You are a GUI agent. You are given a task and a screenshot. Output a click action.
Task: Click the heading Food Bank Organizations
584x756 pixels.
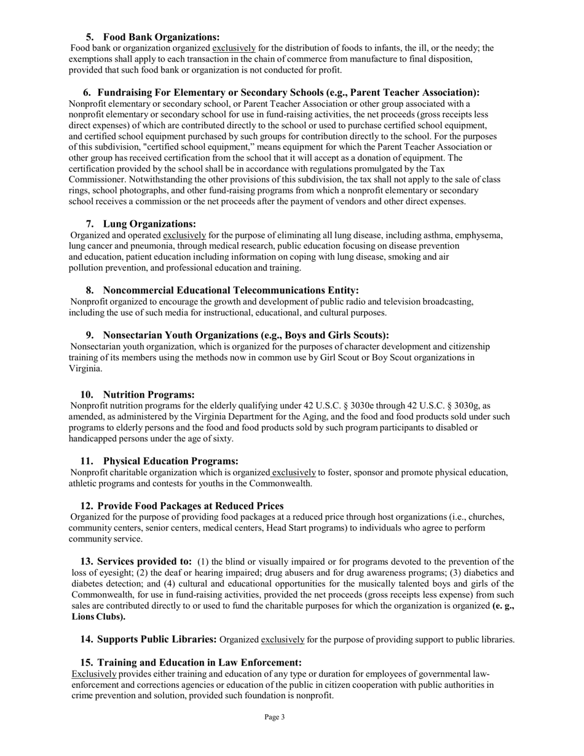pyautogui.click(x=161, y=37)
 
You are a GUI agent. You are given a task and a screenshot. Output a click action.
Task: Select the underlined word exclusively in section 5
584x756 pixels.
pyautogui.click(x=234, y=48)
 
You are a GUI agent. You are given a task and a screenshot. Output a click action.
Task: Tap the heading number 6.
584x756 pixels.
pyautogui.click(x=87, y=92)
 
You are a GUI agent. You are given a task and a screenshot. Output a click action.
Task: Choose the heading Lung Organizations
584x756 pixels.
pyautogui.click(x=149, y=224)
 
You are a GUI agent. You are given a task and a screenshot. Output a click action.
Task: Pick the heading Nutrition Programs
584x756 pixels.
pyautogui.click(x=149, y=394)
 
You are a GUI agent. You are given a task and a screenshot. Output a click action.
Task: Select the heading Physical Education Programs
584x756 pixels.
pyautogui.click(x=170, y=461)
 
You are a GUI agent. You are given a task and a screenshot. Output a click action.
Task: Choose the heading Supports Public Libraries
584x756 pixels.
pyautogui.click(x=157, y=639)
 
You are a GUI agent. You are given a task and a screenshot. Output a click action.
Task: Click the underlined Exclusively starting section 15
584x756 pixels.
pyautogui.click(x=93, y=674)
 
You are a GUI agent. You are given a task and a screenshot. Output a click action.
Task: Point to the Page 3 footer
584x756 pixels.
pyautogui.click(x=275, y=717)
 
